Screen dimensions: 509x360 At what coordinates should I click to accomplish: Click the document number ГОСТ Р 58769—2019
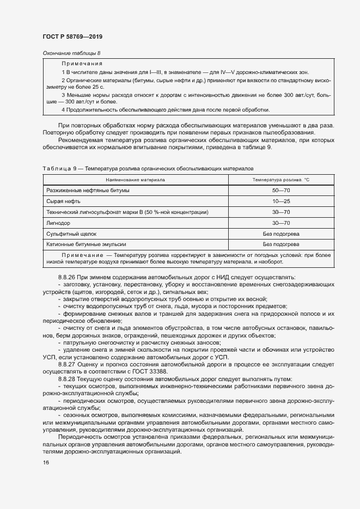click(72, 36)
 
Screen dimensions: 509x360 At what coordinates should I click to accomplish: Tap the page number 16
click(46, 462)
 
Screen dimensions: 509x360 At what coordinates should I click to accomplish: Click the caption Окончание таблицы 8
click(71, 53)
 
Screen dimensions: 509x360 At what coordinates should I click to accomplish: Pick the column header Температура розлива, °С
click(280, 179)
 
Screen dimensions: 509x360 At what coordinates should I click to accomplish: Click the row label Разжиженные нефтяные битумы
click(88, 191)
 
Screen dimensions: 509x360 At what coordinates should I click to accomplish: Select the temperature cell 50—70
click(280, 191)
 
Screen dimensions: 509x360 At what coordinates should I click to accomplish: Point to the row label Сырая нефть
click(60, 201)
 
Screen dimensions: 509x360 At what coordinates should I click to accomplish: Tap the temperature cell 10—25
click(280, 201)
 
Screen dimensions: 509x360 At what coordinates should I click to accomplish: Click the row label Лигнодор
click(58, 223)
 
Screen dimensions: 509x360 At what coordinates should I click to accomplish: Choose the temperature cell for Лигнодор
click(280, 223)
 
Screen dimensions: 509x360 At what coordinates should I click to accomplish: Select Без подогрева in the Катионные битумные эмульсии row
click(280, 244)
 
